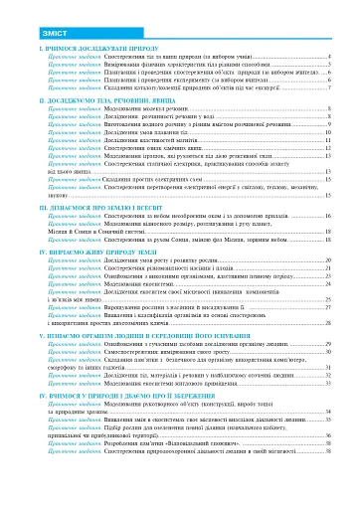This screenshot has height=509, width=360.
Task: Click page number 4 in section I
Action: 329,59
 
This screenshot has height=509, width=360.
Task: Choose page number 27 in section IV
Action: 328,308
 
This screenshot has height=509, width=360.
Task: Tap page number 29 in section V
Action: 328,344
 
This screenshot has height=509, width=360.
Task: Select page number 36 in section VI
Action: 328,434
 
